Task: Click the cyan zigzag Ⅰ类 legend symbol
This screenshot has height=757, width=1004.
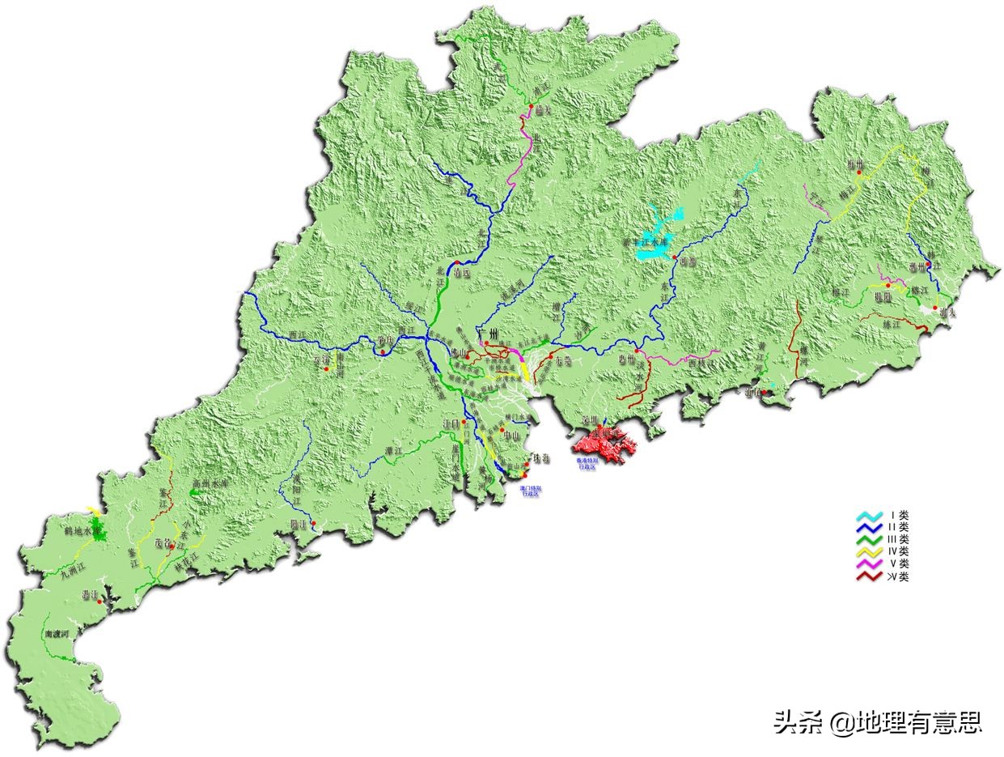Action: pyautogui.click(x=871, y=515)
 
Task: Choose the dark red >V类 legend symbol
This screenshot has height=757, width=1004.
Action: pyautogui.click(x=871, y=576)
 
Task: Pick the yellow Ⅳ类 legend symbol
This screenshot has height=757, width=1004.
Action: pyautogui.click(x=871, y=551)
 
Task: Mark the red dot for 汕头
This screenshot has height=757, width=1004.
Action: pyautogui.click(x=936, y=308)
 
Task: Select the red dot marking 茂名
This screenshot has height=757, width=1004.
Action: pyautogui.click(x=171, y=543)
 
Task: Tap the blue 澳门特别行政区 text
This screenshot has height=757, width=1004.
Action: pyautogui.click(x=530, y=492)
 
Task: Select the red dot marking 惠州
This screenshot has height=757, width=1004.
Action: pyautogui.click(x=638, y=351)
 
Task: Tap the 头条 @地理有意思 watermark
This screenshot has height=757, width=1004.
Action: pyautogui.click(x=878, y=721)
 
